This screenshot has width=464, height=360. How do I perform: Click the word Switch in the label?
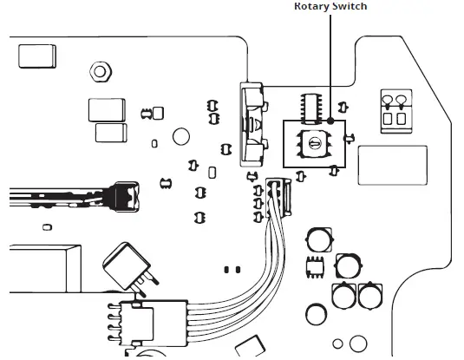click(x=350, y=6)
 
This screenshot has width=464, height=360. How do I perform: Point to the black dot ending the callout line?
click(x=331, y=122)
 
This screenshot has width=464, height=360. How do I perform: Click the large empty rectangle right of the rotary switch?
click(x=392, y=163)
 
